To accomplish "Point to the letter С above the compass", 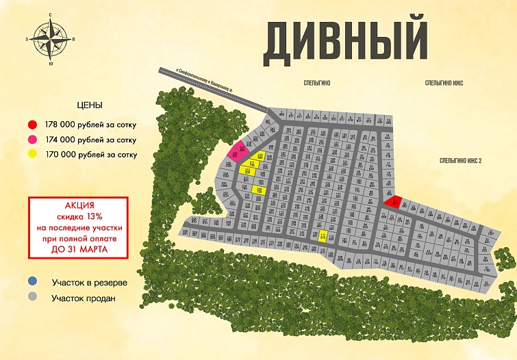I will coord(51,14).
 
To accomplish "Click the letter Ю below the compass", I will coord(51,64).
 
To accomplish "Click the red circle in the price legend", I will coord(31,125).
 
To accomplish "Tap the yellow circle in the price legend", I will coord(31,155).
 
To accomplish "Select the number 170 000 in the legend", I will coord(62,155).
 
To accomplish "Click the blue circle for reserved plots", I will coord(31,281).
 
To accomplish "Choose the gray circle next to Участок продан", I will coord(31,297).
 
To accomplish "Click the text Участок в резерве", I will coord(89,282).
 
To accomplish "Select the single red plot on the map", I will coord(392,201).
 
